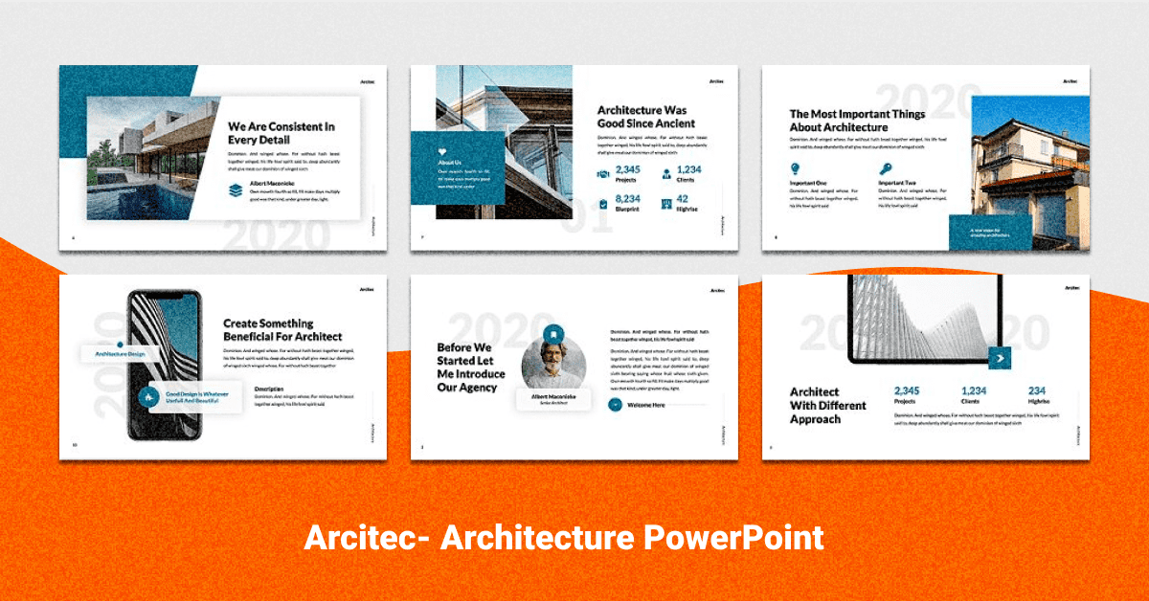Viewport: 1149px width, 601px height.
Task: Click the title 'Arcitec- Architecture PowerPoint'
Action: [563, 538]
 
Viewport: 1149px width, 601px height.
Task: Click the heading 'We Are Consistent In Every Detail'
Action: [281, 133]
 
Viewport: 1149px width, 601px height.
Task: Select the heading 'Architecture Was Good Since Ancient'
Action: [646, 117]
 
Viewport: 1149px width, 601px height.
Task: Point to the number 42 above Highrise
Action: [683, 199]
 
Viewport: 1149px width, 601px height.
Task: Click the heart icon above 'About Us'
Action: [442, 151]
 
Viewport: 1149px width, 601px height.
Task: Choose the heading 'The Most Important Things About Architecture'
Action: [857, 121]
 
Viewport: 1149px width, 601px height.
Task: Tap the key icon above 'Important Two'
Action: [886, 169]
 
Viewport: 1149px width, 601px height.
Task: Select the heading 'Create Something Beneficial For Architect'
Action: [282, 330]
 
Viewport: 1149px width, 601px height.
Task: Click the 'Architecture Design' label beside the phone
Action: [121, 354]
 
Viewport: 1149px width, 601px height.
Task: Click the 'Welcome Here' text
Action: [646, 405]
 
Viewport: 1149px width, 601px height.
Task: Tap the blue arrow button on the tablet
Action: [1001, 358]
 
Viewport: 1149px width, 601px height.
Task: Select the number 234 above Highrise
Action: [1037, 390]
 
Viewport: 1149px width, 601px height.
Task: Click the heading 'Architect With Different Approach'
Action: [827, 406]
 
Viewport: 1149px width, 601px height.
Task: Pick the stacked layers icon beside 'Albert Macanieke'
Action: [236, 190]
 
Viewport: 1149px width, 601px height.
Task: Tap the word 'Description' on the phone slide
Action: [269, 389]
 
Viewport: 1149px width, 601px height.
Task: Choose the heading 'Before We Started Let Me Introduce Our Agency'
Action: [471, 367]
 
